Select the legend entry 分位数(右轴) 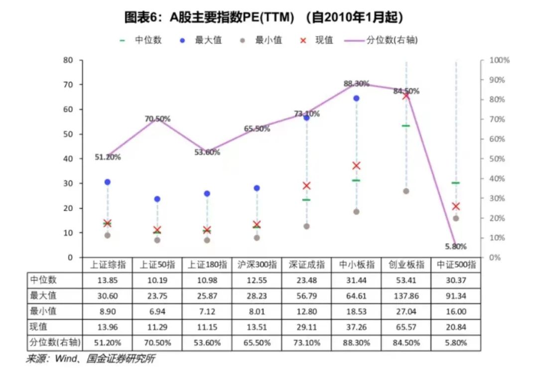[x=392, y=40]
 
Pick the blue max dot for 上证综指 [x=107, y=182]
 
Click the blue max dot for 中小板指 [x=356, y=98]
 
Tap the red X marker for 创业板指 [x=406, y=95]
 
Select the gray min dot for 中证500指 [x=456, y=218]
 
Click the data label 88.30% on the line [x=356, y=83]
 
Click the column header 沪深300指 [x=257, y=265]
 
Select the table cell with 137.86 [x=406, y=296]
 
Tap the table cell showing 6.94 [x=157, y=312]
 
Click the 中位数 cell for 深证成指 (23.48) [x=306, y=280]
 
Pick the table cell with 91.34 [x=456, y=296]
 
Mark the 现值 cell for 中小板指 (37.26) [x=356, y=327]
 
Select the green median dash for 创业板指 [x=406, y=126]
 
